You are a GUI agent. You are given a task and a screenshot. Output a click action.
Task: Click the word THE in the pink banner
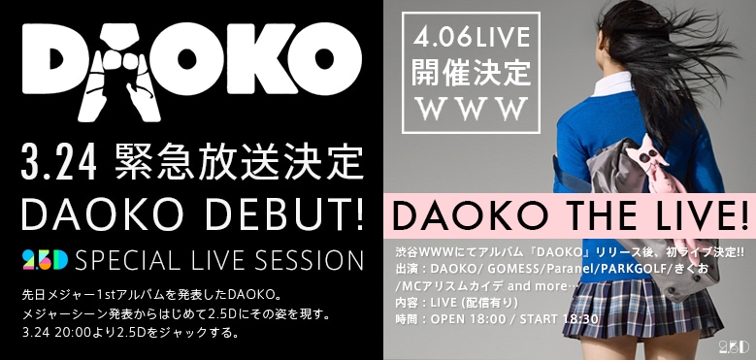[x=575, y=211]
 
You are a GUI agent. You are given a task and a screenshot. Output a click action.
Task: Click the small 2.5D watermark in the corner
[x=734, y=345]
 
